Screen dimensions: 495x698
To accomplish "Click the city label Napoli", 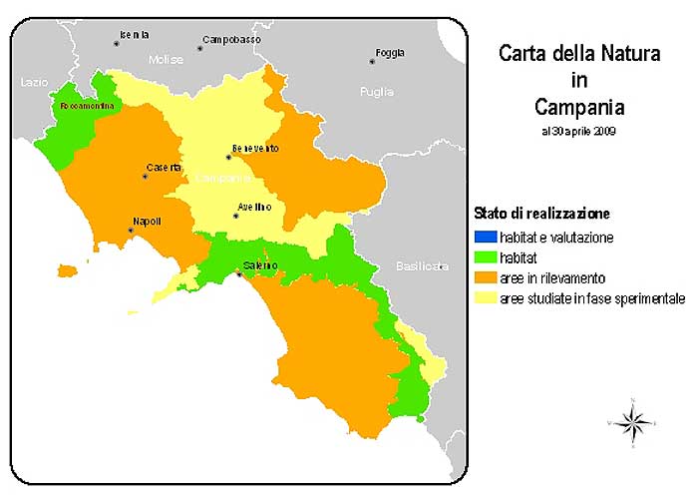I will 147,222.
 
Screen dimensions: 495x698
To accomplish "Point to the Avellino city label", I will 252,208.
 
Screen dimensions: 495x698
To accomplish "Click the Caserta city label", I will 164,167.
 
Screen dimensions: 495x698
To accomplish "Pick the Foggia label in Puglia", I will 390,53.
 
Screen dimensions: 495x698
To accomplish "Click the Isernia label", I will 134,35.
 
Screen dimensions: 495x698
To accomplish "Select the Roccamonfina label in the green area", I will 88,105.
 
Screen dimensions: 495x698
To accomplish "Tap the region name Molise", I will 167,60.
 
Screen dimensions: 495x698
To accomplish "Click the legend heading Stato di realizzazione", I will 541,214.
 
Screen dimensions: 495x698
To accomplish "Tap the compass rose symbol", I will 631,422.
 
